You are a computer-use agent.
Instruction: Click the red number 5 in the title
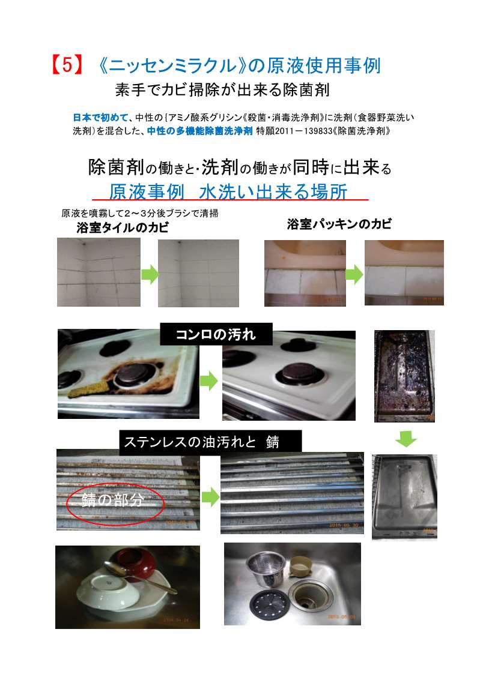(x=67, y=66)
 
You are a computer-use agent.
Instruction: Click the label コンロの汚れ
(x=216, y=334)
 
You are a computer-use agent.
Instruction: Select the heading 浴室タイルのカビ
(x=123, y=227)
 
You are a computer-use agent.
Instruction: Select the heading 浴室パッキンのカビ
(x=339, y=223)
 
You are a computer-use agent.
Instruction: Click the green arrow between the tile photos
(x=149, y=274)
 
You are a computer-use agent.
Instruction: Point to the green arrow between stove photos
(x=209, y=381)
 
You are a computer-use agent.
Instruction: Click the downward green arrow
(x=406, y=439)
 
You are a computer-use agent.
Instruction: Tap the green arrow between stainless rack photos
(x=210, y=498)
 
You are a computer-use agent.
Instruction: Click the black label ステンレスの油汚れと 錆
(x=210, y=442)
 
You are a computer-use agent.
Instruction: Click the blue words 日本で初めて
(x=100, y=118)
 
